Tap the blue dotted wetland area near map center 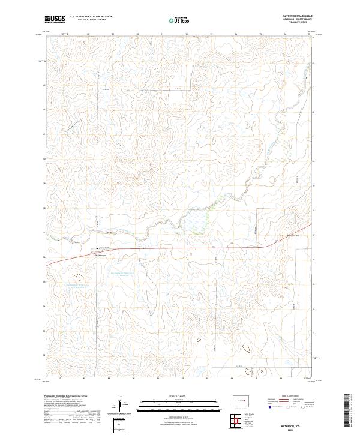click(x=194, y=224)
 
